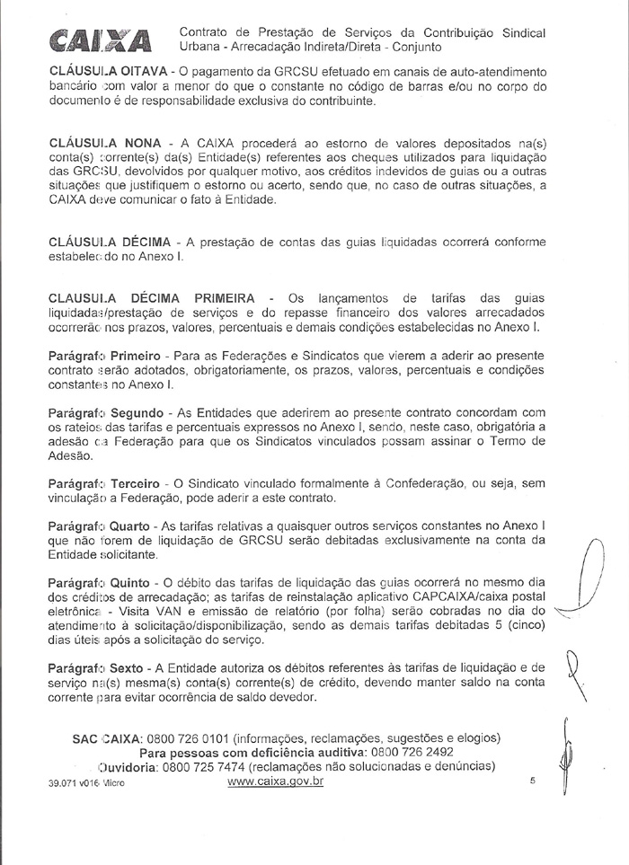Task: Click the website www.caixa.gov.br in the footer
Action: click(275, 781)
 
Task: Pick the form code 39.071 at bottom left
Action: click(66, 783)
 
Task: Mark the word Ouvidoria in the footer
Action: click(132, 766)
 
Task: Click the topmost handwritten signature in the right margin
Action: click(592, 575)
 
